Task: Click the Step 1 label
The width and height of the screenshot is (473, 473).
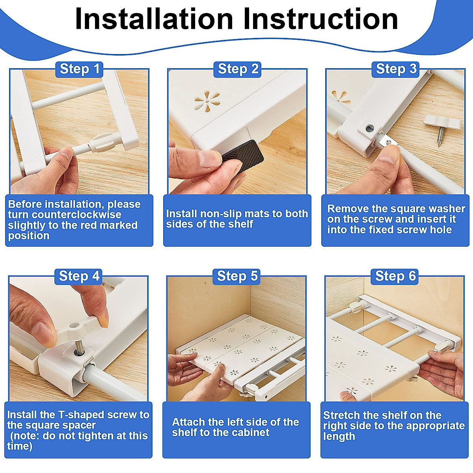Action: pos(79,69)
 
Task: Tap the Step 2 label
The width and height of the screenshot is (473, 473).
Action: pos(237,69)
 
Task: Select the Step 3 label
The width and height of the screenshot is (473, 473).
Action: pos(395,69)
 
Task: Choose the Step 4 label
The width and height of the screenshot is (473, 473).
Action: pos(78,276)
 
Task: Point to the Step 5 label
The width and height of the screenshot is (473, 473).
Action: pos(236,276)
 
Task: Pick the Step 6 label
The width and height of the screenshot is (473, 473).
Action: pos(395,276)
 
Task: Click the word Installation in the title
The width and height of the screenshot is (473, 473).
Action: pos(154,19)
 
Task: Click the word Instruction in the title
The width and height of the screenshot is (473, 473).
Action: pos(320,19)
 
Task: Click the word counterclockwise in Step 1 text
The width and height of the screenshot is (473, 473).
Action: pos(76,215)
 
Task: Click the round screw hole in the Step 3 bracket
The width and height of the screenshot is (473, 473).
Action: pos(369,128)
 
